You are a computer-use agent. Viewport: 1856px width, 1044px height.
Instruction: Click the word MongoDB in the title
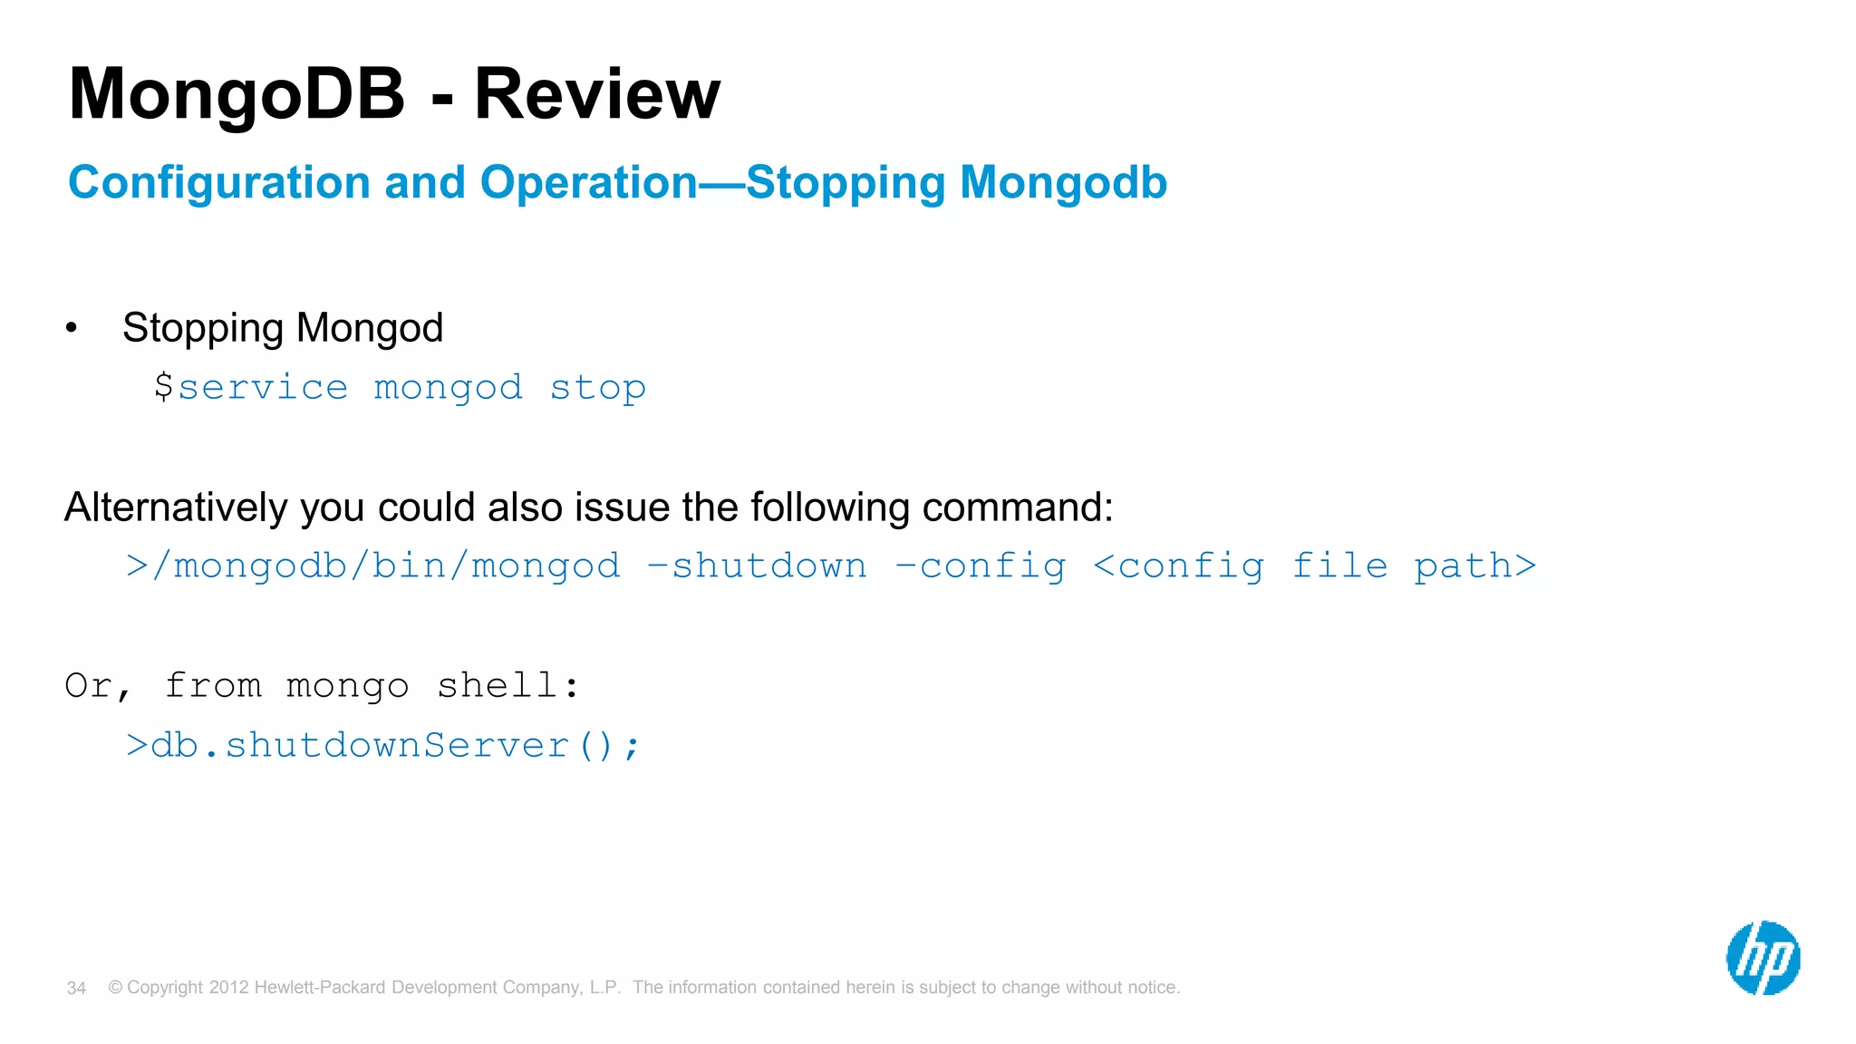point(237,94)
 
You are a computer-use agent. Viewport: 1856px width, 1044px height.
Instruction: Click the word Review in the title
point(597,94)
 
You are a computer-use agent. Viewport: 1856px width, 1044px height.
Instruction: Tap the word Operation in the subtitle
point(589,183)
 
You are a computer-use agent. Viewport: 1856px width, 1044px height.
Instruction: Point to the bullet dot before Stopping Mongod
point(72,328)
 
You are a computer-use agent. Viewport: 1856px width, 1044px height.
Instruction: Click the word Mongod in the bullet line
point(370,328)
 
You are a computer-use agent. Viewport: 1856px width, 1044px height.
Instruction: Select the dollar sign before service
point(163,387)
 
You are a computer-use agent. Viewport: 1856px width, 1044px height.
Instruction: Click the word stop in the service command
point(598,388)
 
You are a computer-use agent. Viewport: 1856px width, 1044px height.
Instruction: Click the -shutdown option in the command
point(758,566)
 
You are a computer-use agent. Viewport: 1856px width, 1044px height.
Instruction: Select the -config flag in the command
point(981,566)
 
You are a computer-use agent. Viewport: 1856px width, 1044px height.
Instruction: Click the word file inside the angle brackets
point(1339,566)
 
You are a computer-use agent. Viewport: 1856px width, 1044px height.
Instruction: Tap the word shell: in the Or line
point(507,686)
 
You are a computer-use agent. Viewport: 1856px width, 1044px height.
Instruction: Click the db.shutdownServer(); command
point(383,746)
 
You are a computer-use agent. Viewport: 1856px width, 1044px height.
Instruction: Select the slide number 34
point(76,988)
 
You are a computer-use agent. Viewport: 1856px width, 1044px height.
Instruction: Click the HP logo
point(1763,958)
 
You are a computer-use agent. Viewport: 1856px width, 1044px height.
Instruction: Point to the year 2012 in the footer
point(228,988)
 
